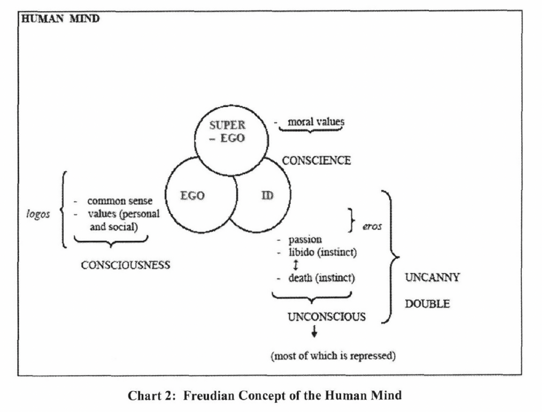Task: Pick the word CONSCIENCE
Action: point(317,161)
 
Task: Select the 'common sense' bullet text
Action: point(120,202)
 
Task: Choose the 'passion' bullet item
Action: point(305,239)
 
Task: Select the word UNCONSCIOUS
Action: point(326,316)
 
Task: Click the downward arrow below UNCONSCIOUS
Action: point(314,333)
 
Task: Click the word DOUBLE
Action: point(427,303)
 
